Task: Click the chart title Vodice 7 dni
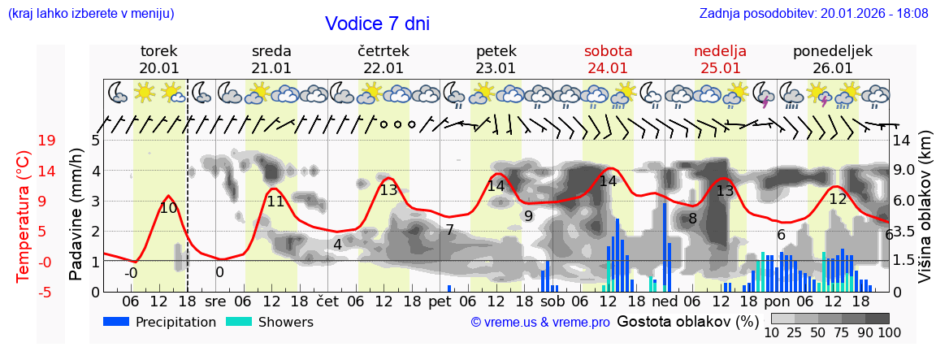coord(377,24)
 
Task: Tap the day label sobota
coord(608,51)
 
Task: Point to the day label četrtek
coord(383,51)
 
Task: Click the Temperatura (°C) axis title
coord(23,216)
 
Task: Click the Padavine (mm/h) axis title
coord(76,215)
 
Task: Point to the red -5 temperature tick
coord(45,292)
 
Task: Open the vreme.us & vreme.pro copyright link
coord(540,323)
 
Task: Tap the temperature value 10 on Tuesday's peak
coord(168,208)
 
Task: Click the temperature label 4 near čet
coord(337,244)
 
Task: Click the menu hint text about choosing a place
coord(91,14)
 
